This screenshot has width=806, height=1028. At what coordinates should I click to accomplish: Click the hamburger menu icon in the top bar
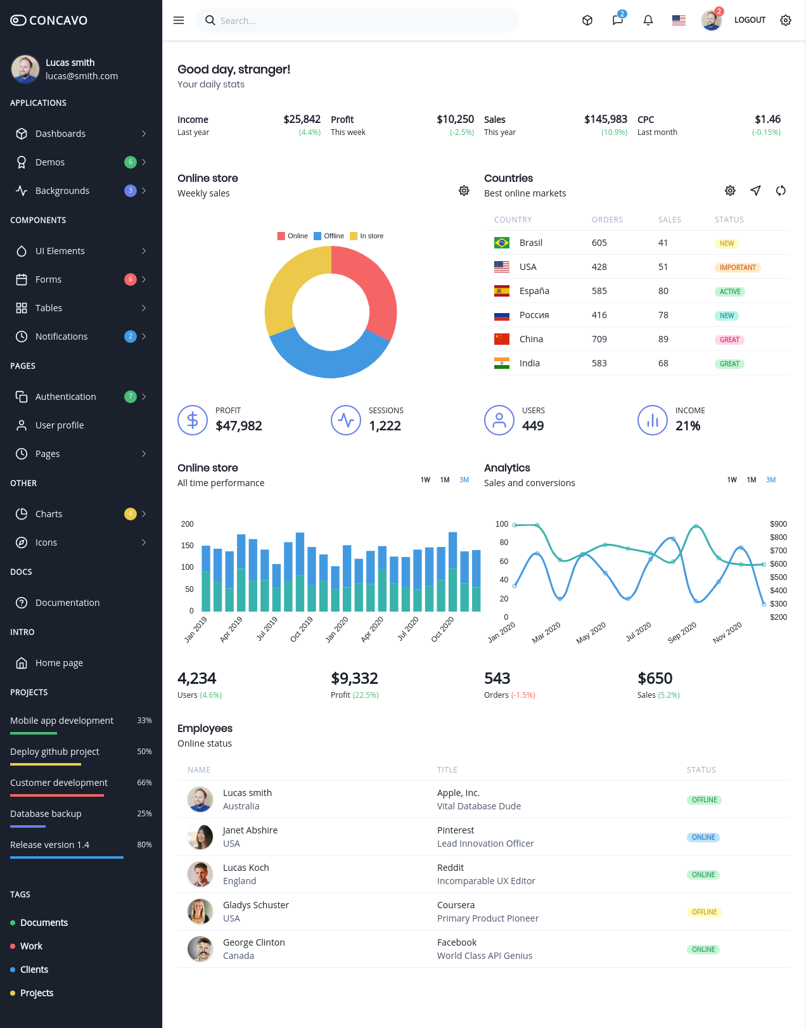point(178,20)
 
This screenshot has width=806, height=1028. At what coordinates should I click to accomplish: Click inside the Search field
point(357,20)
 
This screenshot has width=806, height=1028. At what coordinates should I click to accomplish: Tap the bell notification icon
point(648,20)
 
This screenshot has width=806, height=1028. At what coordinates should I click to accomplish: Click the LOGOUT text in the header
point(750,20)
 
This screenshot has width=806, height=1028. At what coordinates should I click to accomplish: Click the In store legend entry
point(367,236)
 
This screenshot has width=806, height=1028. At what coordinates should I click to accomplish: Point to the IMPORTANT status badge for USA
point(737,267)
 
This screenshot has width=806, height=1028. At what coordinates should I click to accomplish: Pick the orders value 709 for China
point(599,339)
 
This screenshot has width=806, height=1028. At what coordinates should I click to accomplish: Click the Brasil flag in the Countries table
point(501,243)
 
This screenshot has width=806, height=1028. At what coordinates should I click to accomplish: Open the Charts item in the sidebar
point(49,514)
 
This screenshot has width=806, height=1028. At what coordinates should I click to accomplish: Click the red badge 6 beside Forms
point(130,279)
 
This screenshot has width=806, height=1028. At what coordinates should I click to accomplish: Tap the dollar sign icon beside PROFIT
point(193,420)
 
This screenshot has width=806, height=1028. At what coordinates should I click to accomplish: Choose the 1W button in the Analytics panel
point(732,480)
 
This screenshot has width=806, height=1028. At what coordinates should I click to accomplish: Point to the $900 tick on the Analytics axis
point(778,524)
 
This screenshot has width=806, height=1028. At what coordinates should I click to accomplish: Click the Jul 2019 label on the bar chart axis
point(267,628)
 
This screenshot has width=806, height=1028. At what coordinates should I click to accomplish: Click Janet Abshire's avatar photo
point(200,837)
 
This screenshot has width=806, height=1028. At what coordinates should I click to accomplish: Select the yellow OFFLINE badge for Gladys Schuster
point(704,912)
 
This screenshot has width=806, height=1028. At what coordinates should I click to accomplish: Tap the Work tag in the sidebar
point(31,946)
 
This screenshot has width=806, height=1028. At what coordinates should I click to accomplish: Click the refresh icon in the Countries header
point(781,191)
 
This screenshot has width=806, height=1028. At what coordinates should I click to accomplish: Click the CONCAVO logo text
point(58,20)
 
